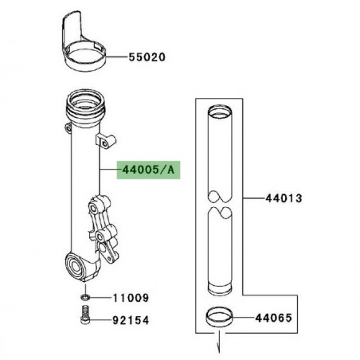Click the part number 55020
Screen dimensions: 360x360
tap(147, 57)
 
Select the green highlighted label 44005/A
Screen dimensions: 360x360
tap(147, 170)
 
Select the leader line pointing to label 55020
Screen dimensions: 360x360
tap(116, 57)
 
